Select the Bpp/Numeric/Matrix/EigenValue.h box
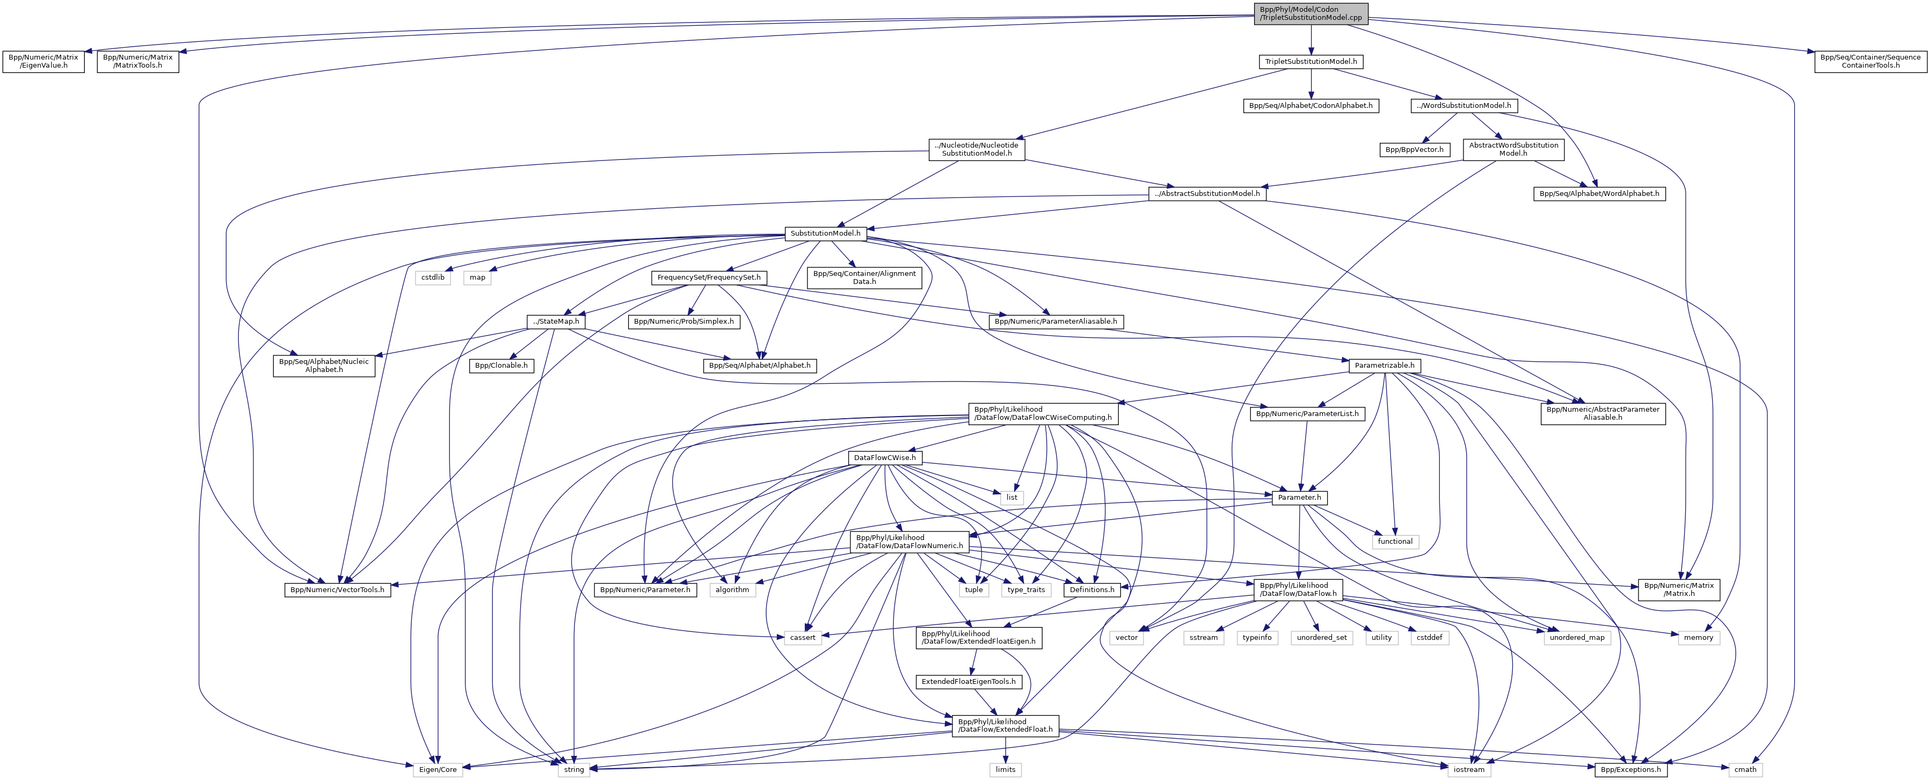[43, 61]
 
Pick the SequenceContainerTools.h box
[1870, 61]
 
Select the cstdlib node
[432, 277]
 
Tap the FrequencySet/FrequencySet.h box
[709, 277]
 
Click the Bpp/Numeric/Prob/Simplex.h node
[684, 322]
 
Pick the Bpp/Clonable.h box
[501, 366]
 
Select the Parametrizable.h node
[1385, 366]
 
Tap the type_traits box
[1026, 589]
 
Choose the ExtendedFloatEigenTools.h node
[968, 682]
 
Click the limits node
[1006, 769]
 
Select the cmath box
[1745, 769]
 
